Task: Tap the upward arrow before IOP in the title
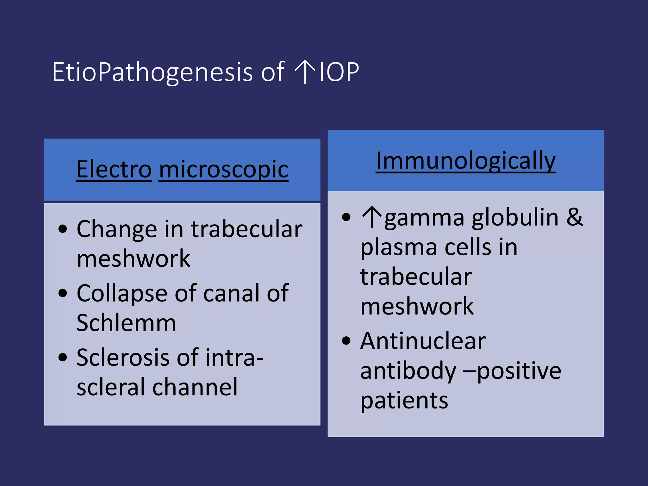[x=304, y=72]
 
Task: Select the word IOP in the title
[x=339, y=72]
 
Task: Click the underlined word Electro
[x=114, y=170]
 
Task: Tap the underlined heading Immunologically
[x=465, y=161]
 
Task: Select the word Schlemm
[x=126, y=323]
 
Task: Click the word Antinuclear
[x=423, y=341]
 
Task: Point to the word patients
[x=404, y=401]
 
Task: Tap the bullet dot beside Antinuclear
[x=346, y=341]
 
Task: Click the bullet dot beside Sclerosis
[x=63, y=358]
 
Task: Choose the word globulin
[x=515, y=217]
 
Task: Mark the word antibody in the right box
[x=408, y=371]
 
